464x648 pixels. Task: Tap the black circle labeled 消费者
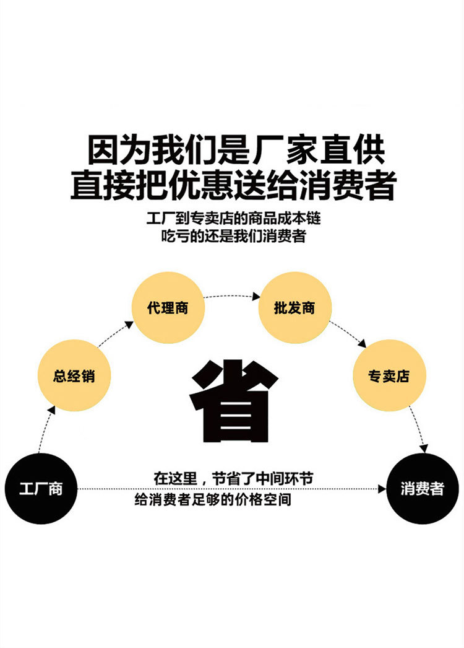coord(423,489)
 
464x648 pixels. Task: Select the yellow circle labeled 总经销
coord(74,375)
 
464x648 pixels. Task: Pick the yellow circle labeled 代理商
coord(168,308)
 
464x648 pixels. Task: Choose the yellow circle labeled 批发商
coord(294,308)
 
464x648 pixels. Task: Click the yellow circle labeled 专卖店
coord(389,376)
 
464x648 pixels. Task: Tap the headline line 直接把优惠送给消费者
coord(232,184)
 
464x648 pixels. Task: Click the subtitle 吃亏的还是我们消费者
coord(233,237)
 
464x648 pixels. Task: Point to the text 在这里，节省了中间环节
coord(233,478)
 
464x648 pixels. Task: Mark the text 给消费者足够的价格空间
coord(213,499)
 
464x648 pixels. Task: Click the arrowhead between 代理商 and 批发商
coord(256,297)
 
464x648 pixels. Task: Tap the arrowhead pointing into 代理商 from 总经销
coord(129,325)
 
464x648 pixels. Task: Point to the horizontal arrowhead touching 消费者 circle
coord(382,489)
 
